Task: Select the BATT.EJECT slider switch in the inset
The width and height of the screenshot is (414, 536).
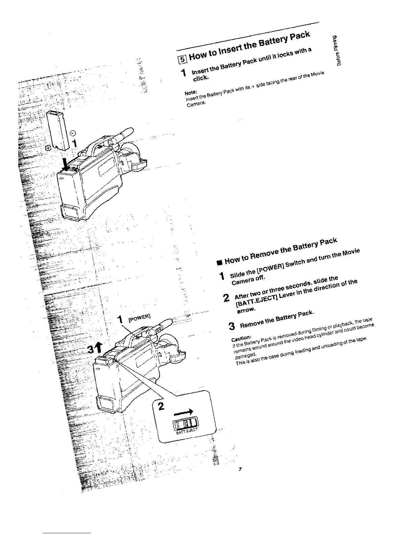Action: [185, 423]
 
